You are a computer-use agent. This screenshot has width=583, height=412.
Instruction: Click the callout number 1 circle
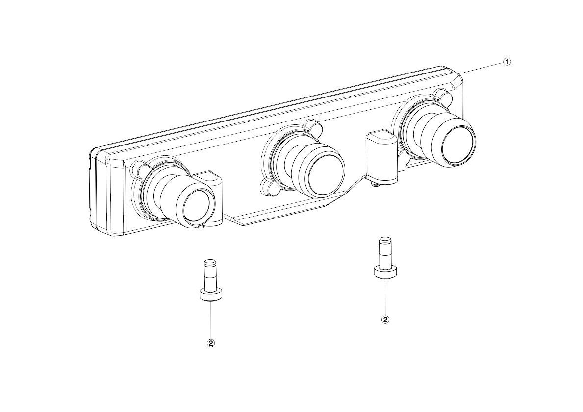(507, 62)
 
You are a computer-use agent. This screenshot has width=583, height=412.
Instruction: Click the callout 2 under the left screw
(211, 343)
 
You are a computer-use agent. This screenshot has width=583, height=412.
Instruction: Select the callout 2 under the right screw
(385, 319)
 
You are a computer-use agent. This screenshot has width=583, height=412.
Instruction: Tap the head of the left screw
(211, 295)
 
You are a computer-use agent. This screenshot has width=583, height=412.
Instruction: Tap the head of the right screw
(384, 271)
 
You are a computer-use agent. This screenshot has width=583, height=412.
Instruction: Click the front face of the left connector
(199, 206)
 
